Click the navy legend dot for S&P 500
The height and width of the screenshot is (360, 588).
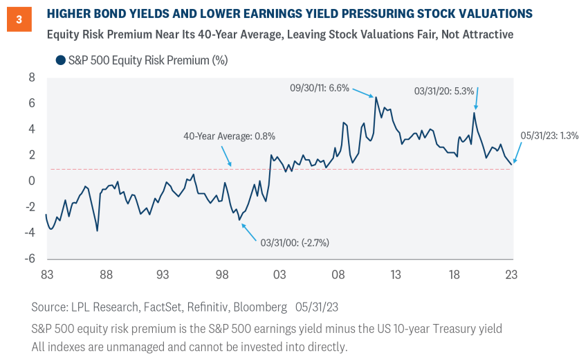pyautogui.click(x=60, y=60)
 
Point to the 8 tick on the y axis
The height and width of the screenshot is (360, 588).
pyautogui.click(x=30, y=78)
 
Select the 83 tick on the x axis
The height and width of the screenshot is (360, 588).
pyautogui.click(x=46, y=274)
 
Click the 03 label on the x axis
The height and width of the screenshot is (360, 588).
pyautogui.click(x=279, y=274)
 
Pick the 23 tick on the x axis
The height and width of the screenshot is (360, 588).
pyautogui.click(x=511, y=274)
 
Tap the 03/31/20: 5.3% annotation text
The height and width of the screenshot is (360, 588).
pyautogui.click(x=443, y=90)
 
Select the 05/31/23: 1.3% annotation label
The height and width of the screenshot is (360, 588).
pyautogui.click(x=550, y=136)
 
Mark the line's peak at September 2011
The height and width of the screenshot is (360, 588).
pyautogui.click(x=376, y=97)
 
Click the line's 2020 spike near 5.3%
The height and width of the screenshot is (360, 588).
pyautogui.click(x=475, y=113)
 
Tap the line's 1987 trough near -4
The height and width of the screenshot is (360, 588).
pyautogui.click(x=97, y=231)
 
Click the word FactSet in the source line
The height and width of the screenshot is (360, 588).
pyautogui.click(x=160, y=306)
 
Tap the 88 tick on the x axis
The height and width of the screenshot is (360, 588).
pyautogui.click(x=105, y=274)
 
